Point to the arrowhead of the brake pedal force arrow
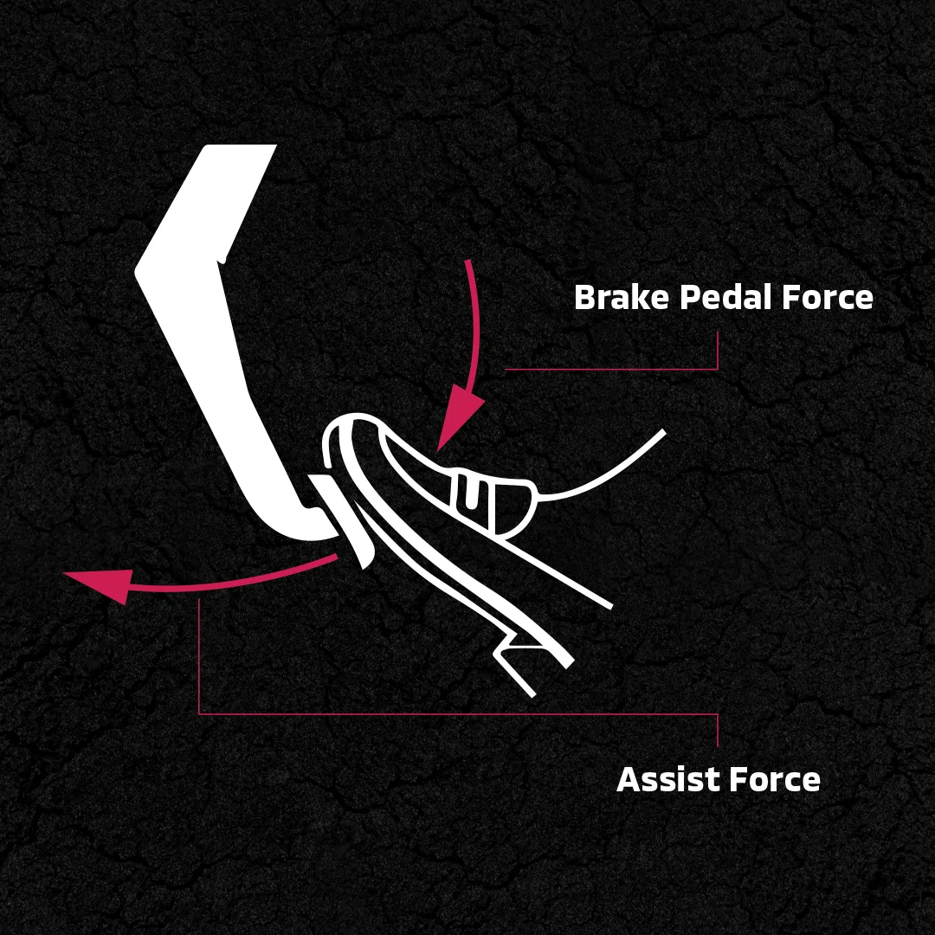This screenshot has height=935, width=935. pos(458,416)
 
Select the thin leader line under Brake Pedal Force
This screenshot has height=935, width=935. pos(611,369)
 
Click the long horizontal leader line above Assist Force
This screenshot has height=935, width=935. pos(458,713)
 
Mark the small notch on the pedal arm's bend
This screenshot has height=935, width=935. pos(222,260)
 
